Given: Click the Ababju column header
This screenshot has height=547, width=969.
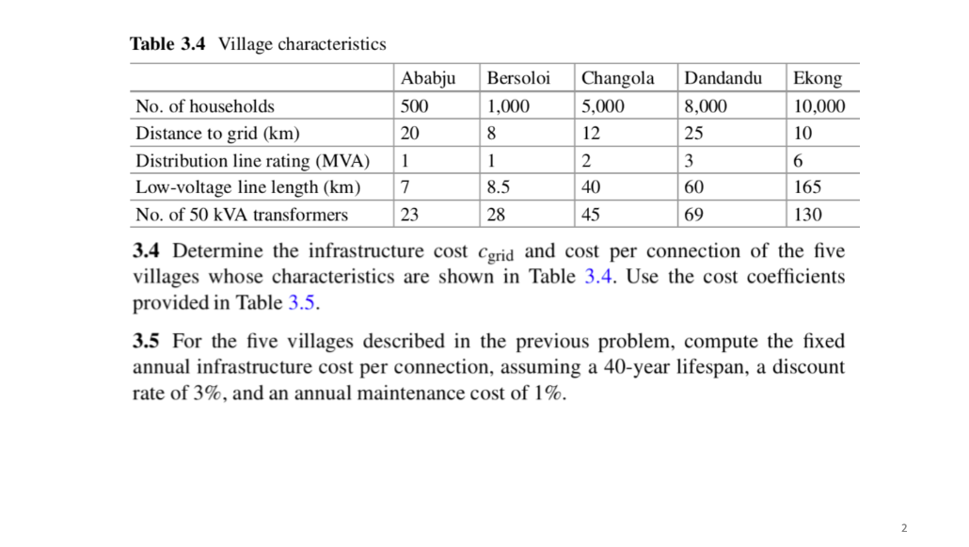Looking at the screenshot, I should coord(427,78).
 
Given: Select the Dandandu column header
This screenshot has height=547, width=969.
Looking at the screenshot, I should coord(723,78).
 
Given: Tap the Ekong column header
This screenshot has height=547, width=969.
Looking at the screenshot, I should coord(817,78).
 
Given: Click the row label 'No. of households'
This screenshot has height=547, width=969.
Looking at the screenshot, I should coord(205,106).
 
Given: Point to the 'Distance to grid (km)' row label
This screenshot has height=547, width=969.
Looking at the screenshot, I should coord(218,133).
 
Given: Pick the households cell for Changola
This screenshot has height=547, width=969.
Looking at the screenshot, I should coord(603,106).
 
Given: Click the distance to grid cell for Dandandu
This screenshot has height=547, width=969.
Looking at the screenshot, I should coord(694,133).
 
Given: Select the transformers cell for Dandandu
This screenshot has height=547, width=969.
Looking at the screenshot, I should coord(694,215).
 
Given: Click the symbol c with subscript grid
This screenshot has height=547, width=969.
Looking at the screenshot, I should coord(495,253).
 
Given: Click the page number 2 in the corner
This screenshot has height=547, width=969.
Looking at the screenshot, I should coord(904,528).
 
